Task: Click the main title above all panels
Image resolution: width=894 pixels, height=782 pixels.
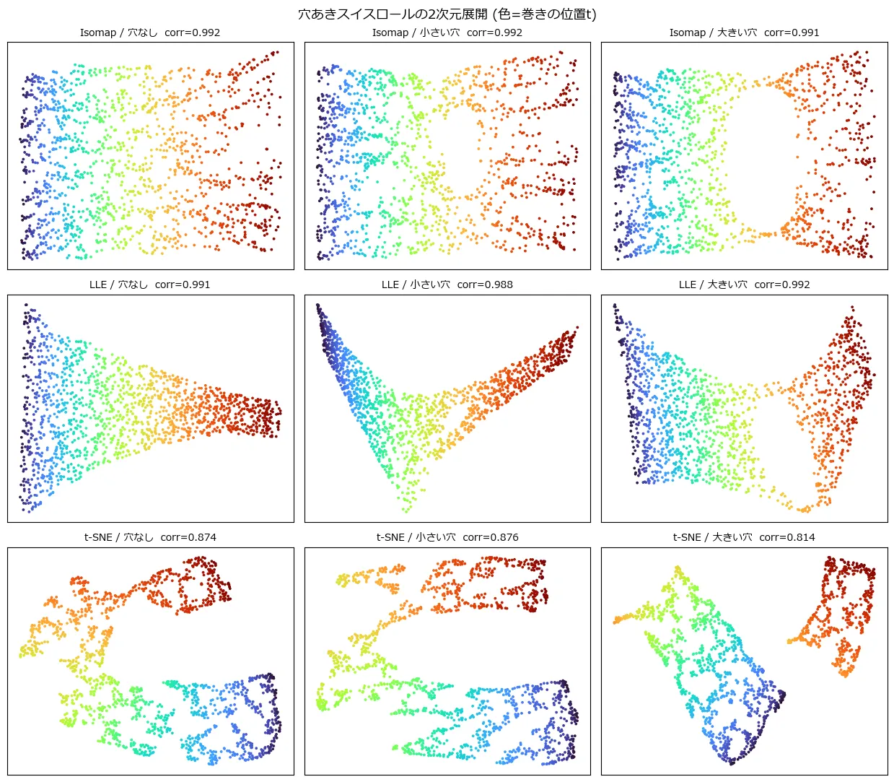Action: click(447, 14)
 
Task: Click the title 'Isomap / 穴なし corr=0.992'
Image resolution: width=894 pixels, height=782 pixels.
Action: click(150, 32)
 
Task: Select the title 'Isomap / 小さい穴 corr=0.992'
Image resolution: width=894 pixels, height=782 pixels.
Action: click(447, 32)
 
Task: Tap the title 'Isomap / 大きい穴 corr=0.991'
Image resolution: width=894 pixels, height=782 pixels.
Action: click(744, 32)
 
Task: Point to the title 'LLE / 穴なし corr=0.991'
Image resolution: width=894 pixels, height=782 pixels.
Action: click(150, 284)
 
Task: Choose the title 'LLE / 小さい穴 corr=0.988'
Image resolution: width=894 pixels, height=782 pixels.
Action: click(447, 284)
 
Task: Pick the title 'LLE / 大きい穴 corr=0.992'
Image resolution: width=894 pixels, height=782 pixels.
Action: click(744, 284)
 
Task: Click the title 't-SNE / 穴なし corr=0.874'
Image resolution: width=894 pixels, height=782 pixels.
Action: click(150, 537)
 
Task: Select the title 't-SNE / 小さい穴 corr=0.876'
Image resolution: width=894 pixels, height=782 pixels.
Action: click(447, 537)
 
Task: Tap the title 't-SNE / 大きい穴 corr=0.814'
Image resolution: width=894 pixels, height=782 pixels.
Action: click(744, 537)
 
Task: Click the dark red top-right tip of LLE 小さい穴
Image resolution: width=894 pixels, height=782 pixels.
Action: click(577, 327)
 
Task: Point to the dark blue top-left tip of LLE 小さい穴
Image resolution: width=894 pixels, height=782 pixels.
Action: click(317, 305)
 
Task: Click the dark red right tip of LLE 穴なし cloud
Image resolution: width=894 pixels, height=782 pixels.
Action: click(280, 412)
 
